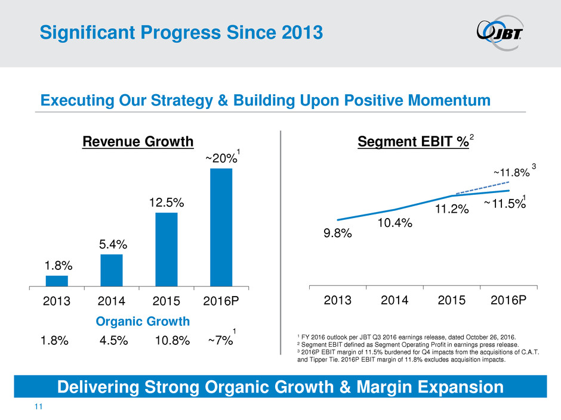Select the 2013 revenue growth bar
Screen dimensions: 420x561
click(57, 281)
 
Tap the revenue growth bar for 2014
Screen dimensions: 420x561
click(112, 270)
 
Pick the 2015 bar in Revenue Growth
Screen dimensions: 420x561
click(167, 249)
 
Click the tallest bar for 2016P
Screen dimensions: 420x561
click(221, 227)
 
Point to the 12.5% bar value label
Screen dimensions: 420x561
click(167, 203)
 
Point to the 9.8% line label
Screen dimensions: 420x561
click(338, 234)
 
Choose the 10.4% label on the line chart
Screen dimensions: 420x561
click(396, 223)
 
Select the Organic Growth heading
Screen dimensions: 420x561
click(143, 322)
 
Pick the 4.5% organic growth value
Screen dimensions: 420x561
click(116, 341)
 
